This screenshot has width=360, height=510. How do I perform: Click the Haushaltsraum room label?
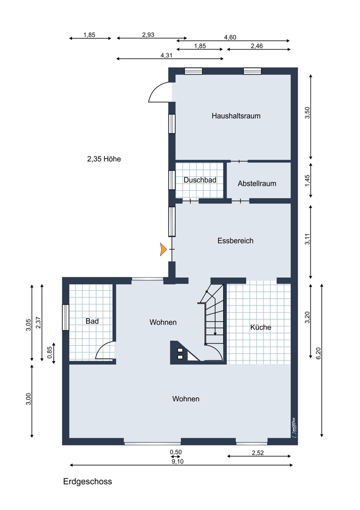236,116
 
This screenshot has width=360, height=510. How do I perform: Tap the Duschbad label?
200,180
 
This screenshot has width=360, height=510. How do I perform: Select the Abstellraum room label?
256,184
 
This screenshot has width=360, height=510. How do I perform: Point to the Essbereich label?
235,241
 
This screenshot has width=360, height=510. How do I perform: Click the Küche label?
261,327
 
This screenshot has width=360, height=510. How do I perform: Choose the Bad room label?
92,321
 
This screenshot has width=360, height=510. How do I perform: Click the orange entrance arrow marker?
163,249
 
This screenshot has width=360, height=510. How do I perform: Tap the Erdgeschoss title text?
88,481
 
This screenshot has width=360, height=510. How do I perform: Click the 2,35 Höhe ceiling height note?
104,159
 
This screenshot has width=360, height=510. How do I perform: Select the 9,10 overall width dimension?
177,461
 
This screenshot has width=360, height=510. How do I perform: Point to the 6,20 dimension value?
318,353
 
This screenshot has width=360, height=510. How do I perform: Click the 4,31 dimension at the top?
166,55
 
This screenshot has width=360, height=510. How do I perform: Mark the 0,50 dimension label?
176,452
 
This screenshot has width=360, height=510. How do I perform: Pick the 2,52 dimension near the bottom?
258,452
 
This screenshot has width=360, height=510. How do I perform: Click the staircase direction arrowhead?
215,333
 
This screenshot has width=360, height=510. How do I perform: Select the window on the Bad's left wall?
65,317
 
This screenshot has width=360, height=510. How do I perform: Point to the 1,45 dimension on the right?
307,180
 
